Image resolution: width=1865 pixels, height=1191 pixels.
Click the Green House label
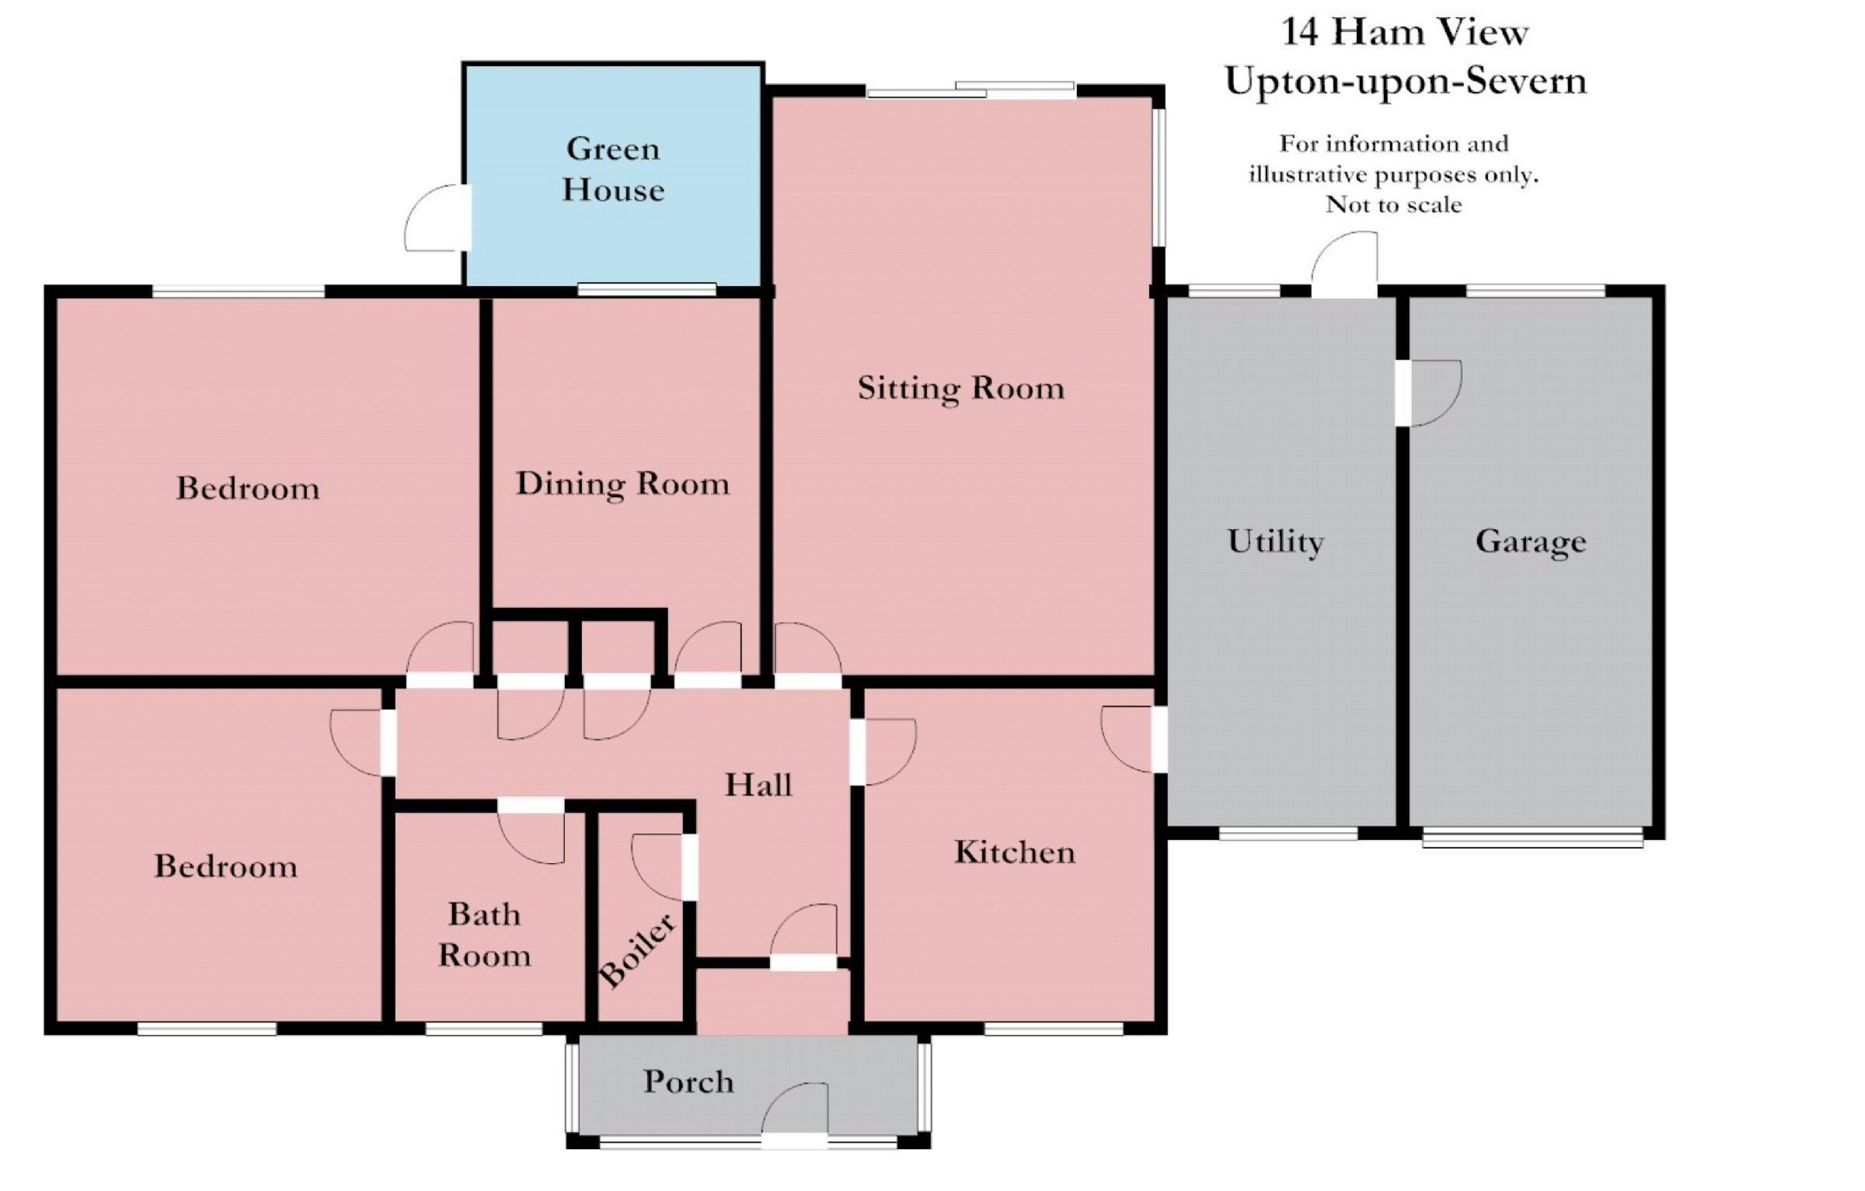point(613,169)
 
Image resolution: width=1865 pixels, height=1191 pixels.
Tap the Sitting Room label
point(960,388)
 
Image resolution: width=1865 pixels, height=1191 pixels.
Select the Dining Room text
point(622,484)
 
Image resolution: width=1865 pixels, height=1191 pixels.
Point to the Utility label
point(1275,542)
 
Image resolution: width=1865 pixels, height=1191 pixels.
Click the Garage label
point(1531,542)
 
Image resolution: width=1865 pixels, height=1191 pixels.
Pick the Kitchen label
point(1015,852)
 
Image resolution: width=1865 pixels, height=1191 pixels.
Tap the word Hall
point(758,785)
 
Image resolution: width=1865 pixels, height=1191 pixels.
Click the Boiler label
point(637,950)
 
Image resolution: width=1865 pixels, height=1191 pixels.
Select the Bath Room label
point(484,935)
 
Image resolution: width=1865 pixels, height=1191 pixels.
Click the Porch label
point(688,1081)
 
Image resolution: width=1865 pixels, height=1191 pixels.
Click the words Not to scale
point(1394,205)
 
